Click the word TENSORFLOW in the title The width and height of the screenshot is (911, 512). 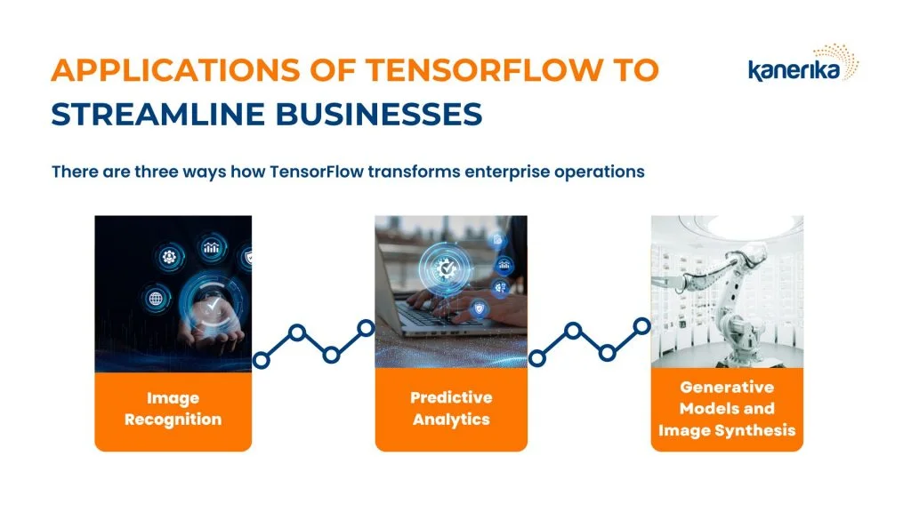(485, 69)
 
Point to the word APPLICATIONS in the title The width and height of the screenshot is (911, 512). (175, 69)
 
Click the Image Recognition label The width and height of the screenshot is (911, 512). (173, 409)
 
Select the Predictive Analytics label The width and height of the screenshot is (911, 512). (451, 408)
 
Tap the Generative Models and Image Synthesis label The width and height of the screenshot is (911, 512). (727, 408)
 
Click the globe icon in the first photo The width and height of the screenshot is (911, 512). (156, 299)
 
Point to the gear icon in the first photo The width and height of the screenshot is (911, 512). (169, 256)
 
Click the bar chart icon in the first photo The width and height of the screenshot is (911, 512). (211, 249)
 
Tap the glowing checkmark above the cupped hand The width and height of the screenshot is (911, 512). (214, 304)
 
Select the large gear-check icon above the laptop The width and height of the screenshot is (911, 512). (447, 268)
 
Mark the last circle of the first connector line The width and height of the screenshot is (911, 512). (366, 328)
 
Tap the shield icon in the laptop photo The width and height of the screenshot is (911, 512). (479, 308)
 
